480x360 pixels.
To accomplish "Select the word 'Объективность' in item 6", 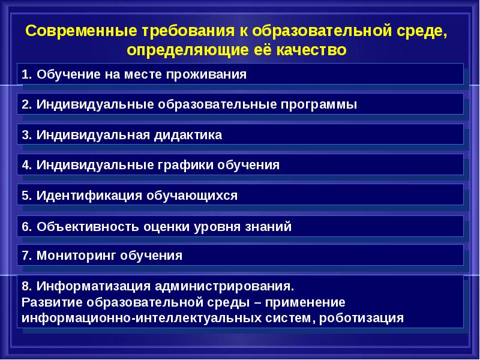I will tap(88, 227).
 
